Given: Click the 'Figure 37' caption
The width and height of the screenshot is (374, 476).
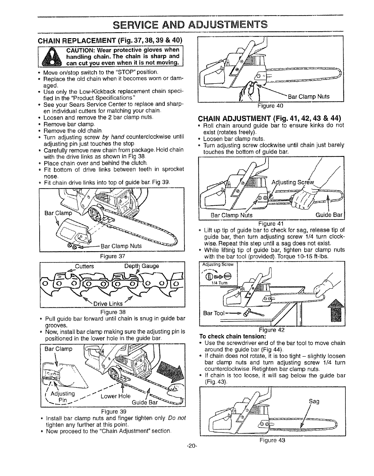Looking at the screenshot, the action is tap(112, 256).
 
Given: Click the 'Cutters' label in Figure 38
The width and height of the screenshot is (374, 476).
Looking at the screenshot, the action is tap(84, 266).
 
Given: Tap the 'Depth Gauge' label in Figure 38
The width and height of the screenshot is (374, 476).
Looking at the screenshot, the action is tap(142, 266).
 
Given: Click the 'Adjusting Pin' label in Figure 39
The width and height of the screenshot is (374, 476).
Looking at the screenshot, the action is tap(63, 397).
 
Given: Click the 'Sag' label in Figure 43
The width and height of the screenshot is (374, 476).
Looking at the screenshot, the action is tap(314, 401).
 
